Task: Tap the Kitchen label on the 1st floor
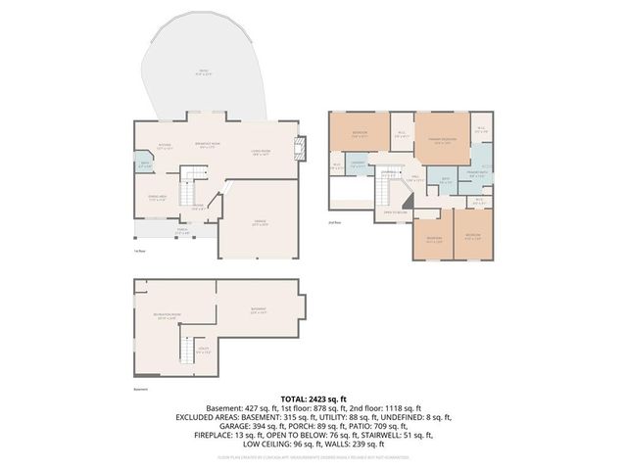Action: click(x=166, y=146)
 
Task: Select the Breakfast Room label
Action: click(x=210, y=145)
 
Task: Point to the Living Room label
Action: click(x=261, y=152)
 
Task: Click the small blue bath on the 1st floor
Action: click(x=144, y=165)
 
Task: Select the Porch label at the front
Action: click(x=183, y=232)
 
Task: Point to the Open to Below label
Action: click(x=395, y=212)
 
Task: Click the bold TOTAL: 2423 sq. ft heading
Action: click(x=313, y=399)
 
